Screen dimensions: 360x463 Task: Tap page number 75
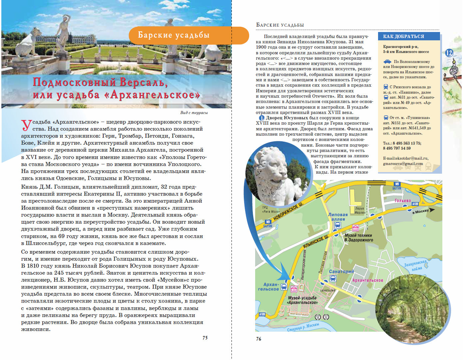point(205,338)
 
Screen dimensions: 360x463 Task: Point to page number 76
point(258,339)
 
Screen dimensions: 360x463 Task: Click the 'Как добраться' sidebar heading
point(403,36)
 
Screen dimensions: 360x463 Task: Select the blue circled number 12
point(449,53)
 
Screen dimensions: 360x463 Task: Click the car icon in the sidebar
point(387,62)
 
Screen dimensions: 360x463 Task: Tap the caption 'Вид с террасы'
point(194,113)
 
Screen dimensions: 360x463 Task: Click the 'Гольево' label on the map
point(403,201)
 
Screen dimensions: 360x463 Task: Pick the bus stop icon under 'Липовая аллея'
point(337,225)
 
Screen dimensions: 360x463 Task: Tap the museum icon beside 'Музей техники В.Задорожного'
point(355,228)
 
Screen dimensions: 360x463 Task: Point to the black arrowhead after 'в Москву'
point(432,210)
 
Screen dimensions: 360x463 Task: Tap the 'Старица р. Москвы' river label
point(303,327)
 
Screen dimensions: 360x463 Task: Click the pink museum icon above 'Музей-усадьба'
point(294,289)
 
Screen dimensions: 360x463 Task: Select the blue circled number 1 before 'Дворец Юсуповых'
point(262,118)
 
